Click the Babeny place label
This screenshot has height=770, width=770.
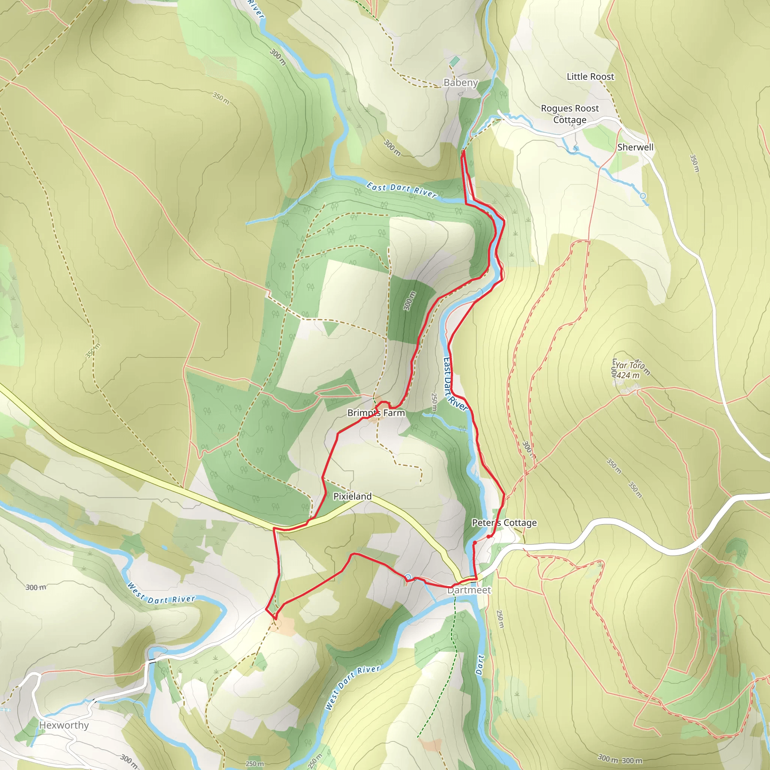(x=461, y=82)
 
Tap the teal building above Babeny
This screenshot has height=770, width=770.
(x=454, y=61)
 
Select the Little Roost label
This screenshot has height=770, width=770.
(x=590, y=77)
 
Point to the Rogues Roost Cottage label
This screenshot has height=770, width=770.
(x=570, y=114)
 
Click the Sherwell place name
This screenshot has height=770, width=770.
(x=635, y=147)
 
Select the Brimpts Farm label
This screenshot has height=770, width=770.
(x=376, y=413)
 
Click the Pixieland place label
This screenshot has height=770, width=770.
(x=352, y=496)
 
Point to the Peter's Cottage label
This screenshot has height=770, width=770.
(x=504, y=523)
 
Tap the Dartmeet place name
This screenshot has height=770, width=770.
(x=469, y=590)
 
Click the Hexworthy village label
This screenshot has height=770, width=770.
(x=64, y=725)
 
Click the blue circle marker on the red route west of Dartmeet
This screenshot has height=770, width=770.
(x=408, y=577)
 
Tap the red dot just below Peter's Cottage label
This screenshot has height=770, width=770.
(x=489, y=537)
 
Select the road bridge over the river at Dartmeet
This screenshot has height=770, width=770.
(x=473, y=577)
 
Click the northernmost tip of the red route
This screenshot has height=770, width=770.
(x=463, y=152)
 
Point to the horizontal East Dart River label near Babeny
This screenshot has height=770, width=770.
(x=402, y=190)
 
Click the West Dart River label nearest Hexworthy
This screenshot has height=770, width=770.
(x=161, y=594)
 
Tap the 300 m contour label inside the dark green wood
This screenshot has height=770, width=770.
(x=409, y=301)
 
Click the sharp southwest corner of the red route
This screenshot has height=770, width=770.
(x=266, y=609)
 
